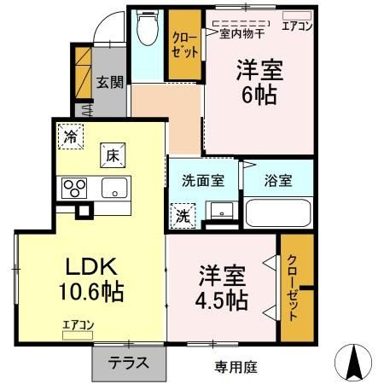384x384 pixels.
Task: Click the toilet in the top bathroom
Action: [147, 28]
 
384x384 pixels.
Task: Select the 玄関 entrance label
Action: [110, 82]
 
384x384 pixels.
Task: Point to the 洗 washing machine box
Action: [183, 216]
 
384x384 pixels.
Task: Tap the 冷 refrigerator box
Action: [71, 137]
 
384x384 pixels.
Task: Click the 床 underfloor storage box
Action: [113, 155]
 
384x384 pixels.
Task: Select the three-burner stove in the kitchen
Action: [74, 188]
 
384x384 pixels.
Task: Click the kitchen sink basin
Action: [114, 188]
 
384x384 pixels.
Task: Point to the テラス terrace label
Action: [128, 363]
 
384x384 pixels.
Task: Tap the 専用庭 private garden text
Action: [236, 367]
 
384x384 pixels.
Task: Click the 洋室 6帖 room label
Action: [259, 82]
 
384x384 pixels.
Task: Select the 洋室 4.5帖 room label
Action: [222, 288]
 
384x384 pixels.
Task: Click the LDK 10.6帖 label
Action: [91, 279]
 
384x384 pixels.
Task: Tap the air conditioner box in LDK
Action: [78, 335]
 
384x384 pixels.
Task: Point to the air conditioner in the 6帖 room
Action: [297, 15]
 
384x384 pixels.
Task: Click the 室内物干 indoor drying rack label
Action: [241, 34]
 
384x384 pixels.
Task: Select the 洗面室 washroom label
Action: [203, 180]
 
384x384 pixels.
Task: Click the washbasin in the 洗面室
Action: [222, 211]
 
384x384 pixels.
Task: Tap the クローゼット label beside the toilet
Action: [185, 45]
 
